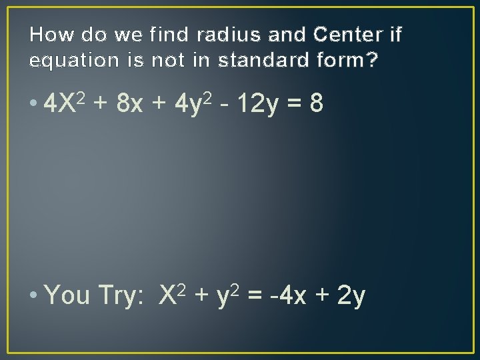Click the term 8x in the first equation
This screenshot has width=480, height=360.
point(128,103)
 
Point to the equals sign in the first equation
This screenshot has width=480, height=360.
point(291,104)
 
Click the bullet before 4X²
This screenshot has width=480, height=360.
point(33,105)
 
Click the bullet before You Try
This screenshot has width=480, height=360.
point(33,295)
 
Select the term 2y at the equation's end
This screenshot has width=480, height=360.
point(351,295)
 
